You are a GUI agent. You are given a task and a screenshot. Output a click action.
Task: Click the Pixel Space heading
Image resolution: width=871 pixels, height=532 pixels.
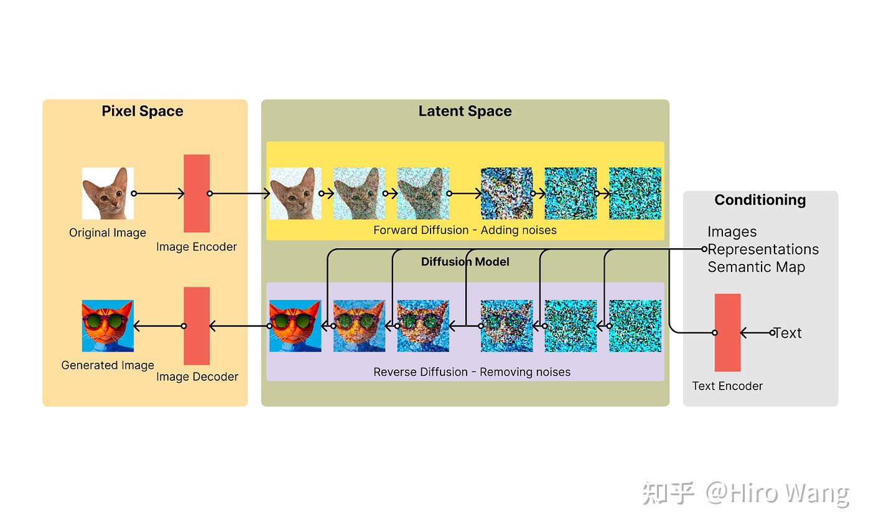coord(142,111)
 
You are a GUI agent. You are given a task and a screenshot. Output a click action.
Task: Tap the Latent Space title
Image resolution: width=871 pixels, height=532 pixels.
coord(465,111)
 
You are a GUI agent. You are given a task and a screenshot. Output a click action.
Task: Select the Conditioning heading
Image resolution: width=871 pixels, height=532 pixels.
coord(760,200)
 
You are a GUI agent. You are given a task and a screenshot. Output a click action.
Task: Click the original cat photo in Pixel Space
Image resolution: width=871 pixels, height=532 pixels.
coord(108,194)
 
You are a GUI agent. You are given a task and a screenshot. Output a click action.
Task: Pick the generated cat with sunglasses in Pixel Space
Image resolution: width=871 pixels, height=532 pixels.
coord(108,326)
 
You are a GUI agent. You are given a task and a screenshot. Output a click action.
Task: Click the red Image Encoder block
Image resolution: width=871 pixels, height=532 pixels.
coord(197,194)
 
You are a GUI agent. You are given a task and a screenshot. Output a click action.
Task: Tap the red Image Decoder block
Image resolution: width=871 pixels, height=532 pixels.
coord(197,326)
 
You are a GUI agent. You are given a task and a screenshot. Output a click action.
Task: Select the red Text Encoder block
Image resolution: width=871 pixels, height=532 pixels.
coord(727,332)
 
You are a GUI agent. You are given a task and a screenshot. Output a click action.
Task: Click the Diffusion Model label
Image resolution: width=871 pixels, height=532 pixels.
coord(465,262)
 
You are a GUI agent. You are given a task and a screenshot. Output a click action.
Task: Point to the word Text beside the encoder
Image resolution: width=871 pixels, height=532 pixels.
coord(788,333)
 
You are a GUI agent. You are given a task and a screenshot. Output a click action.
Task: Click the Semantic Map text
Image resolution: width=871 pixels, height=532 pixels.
coord(757,267)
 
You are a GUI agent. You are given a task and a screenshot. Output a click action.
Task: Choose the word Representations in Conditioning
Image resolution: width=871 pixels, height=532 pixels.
coord(763,250)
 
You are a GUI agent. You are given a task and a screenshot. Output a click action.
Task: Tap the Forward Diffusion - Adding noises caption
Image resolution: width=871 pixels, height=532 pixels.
coord(465,230)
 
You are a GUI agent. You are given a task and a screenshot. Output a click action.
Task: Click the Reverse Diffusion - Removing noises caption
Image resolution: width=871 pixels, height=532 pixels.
coord(472,372)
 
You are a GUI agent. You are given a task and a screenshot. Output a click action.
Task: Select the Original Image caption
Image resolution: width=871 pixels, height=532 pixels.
coord(108,233)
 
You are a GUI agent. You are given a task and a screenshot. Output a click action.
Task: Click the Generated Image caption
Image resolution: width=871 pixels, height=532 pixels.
coord(108,365)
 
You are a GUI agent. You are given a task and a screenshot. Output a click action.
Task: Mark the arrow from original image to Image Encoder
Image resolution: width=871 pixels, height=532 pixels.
coord(159,194)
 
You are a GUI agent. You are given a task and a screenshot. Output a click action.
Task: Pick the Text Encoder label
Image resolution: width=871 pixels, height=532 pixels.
coord(727,386)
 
